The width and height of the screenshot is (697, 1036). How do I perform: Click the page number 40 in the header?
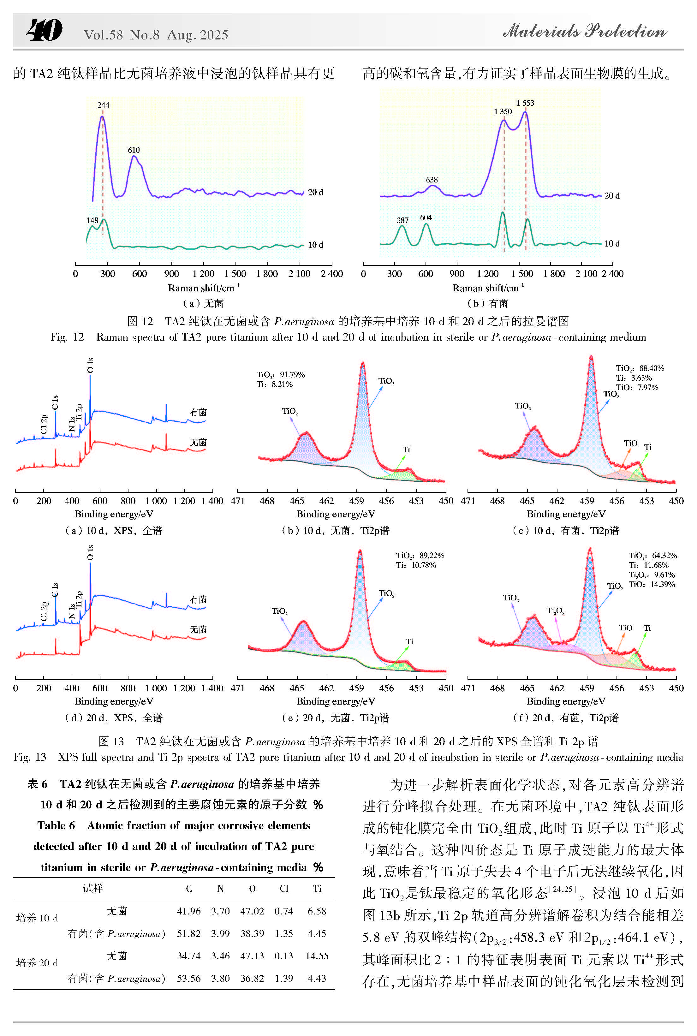click(45, 30)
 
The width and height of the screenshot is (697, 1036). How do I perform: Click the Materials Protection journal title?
click(585, 31)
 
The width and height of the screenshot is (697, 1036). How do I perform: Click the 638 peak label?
click(432, 180)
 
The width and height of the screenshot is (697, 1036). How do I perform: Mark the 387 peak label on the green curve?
click(402, 220)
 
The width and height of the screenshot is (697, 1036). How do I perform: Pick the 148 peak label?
click(92, 220)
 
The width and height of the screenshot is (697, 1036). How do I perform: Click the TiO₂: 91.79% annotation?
click(281, 375)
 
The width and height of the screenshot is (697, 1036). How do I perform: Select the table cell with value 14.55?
click(317, 956)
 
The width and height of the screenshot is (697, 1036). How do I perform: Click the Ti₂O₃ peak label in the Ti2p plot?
click(556, 611)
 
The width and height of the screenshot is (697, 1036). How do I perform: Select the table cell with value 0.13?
click(283, 956)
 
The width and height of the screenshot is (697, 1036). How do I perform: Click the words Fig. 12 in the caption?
click(67, 337)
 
